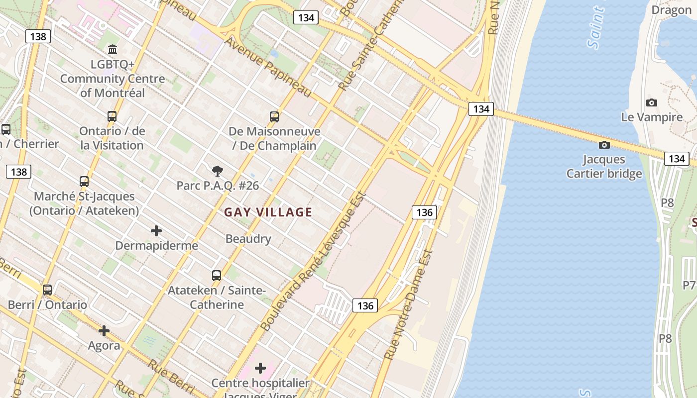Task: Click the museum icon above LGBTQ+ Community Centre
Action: click(x=113, y=50)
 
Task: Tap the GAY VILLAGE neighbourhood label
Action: click(x=268, y=212)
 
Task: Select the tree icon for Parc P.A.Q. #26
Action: click(x=217, y=172)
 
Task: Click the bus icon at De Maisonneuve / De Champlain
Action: click(x=274, y=117)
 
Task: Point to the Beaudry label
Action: click(x=248, y=239)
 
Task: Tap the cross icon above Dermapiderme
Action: click(x=156, y=231)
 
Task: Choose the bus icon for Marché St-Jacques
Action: click(x=84, y=182)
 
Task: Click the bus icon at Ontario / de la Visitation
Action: click(x=112, y=116)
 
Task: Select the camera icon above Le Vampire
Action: click(x=651, y=103)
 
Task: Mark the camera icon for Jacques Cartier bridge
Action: click(x=604, y=145)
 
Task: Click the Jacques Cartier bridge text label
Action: click(x=604, y=167)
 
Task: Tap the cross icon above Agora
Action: click(x=104, y=331)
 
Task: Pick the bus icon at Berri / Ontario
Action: click(x=47, y=290)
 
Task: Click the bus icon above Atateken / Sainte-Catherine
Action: click(x=217, y=276)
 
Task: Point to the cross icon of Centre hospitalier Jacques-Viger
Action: click(x=260, y=368)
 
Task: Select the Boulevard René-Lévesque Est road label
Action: click(x=313, y=262)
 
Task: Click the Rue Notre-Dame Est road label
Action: click(x=408, y=304)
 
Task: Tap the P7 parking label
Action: click(x=689, y=285)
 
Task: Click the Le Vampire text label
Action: click(x=652, y=117)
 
